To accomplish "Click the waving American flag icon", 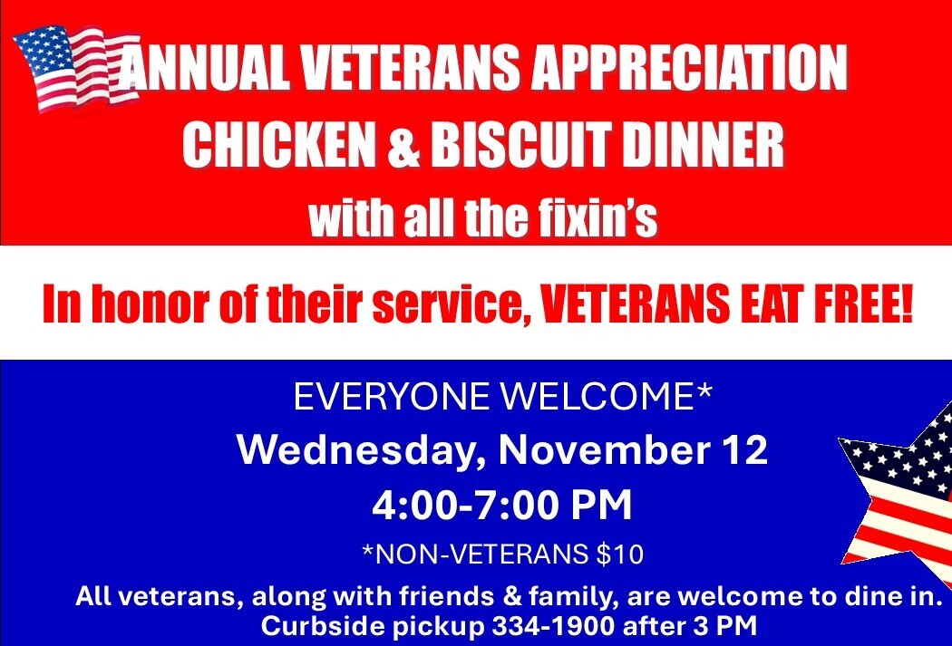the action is click(x=76, y=68).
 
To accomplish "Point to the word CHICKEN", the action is click(x=279, y=145).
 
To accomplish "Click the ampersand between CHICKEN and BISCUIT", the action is click(x=403, y=145).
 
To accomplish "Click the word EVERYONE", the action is click(x=392, y=398).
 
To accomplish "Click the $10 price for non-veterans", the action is click(x=620, y=554).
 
